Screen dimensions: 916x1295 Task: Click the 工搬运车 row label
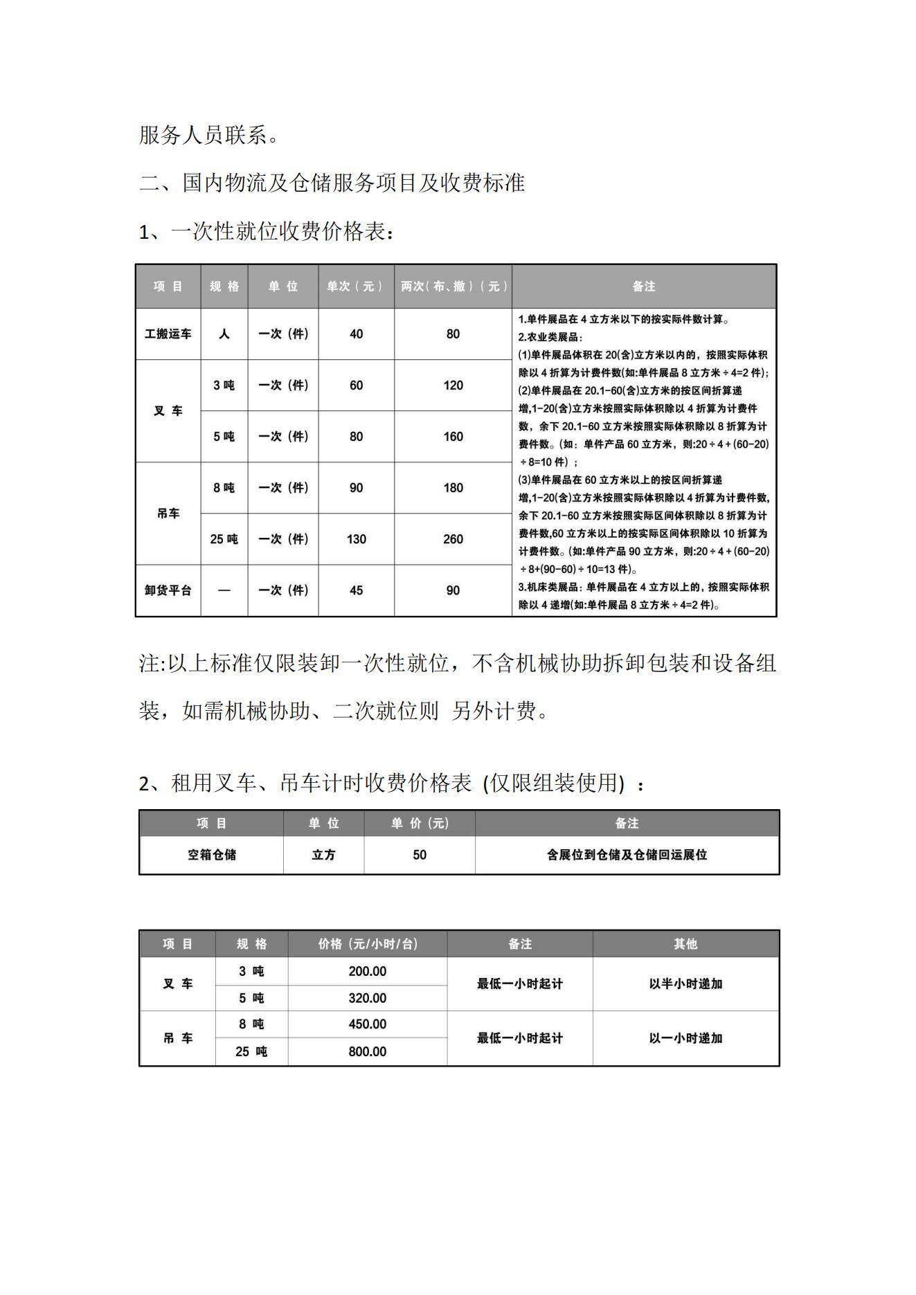click(168, 334)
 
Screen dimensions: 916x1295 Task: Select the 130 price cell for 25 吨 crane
click(356, 539)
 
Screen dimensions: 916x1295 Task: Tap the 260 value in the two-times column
click(453, 539)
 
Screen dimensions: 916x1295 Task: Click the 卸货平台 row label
click(168, 590)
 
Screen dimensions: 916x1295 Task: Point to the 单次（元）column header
click(355, 287)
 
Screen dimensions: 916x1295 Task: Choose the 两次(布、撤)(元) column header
click(453, 287)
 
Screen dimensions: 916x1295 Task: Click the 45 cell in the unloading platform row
click(356, 590)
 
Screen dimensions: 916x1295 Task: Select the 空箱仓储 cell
click(211, 855)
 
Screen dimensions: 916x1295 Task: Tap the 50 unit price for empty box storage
click(420, 855)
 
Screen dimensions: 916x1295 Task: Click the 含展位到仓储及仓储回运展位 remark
click(627, 855)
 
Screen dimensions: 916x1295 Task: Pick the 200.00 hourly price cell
click(367, 971)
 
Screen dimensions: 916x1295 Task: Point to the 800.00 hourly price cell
click(367, 1051)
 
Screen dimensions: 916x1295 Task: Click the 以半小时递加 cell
click(685, 984)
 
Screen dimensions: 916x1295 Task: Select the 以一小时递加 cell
click(685, 1038)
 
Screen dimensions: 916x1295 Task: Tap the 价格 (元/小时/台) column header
click(367, 944)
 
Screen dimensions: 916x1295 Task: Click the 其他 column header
click(685, 944)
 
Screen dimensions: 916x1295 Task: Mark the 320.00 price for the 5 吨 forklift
click(367, 998)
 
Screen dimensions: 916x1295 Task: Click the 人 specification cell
click(224, 334)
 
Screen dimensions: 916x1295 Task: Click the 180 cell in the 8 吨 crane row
click(453, 488)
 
